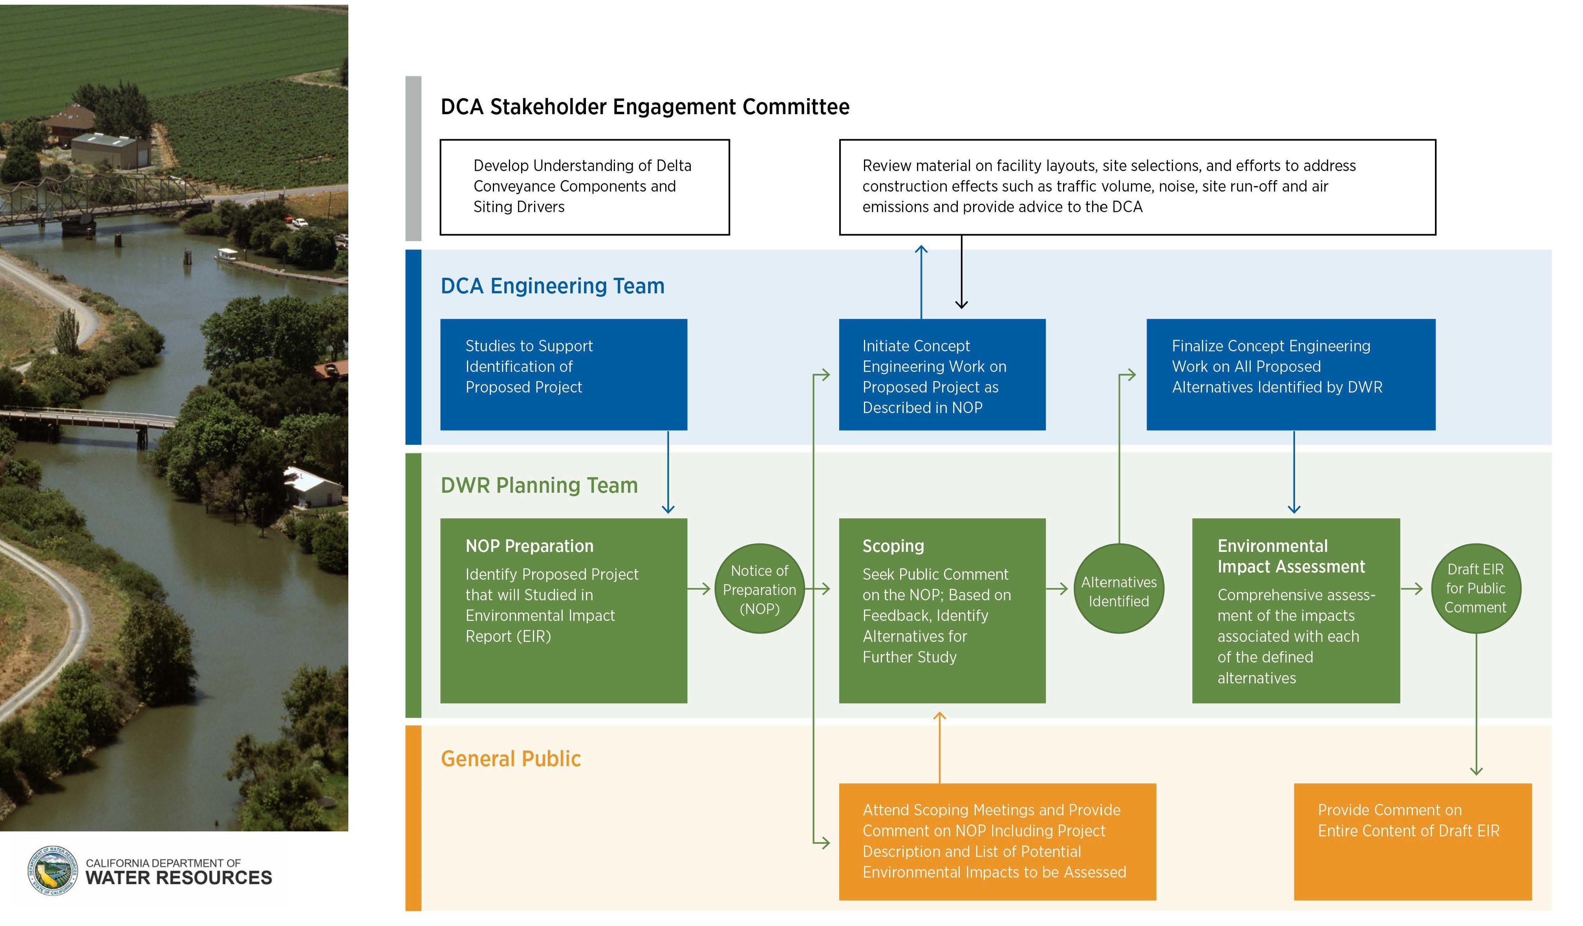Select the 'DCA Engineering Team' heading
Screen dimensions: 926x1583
552,286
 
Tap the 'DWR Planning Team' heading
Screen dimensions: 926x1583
539,485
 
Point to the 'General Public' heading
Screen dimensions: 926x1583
511,758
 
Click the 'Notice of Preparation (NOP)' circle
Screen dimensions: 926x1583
759,589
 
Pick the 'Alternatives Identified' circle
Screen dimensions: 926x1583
1119,589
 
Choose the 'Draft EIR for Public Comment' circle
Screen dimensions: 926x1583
1475,588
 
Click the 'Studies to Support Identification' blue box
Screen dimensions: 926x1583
564,374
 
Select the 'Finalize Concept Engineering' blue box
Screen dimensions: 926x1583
1291,374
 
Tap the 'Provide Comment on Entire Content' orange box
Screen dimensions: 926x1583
1413,841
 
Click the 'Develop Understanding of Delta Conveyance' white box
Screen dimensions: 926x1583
584,187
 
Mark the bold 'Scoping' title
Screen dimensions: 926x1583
893,546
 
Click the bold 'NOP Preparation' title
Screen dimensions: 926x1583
529,546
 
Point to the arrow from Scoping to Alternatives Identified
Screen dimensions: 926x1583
1057,589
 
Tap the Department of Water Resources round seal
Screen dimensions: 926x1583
53,871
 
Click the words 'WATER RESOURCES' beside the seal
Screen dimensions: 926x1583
178,878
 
